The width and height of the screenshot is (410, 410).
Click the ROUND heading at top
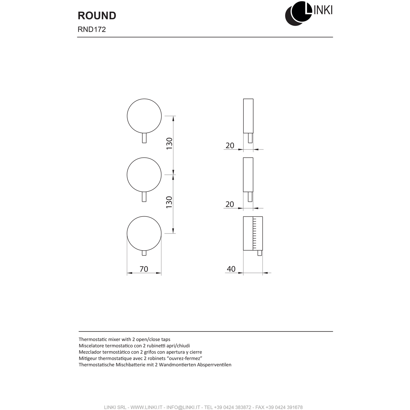97,16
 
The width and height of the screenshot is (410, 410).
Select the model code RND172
92,30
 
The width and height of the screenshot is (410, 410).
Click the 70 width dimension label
144,269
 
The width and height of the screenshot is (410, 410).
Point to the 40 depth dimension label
231,269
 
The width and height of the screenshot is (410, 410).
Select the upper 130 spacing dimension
169,144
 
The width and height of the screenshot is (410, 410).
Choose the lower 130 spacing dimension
169,202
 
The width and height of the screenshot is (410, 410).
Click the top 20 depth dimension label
230,146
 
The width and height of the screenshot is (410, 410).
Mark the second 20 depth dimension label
230,204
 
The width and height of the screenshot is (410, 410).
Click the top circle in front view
144,116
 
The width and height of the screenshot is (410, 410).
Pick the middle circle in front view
144,175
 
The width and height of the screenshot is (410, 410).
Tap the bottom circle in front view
144,234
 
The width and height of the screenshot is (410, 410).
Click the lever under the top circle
144,138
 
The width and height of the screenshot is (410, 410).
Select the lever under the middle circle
144,197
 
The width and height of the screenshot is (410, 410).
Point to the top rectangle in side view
248,116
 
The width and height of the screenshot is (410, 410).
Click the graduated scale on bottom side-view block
255,233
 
